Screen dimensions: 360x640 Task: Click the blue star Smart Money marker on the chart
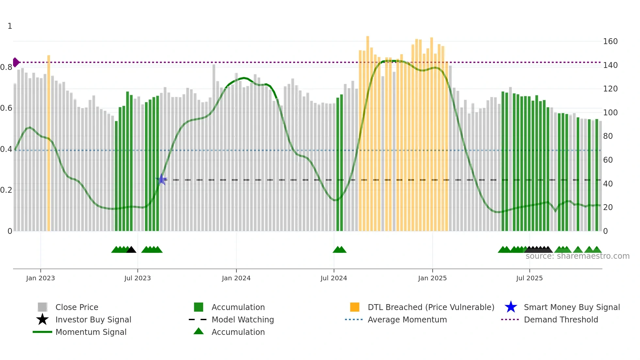pos(161,179)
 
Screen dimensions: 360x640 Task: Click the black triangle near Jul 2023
pos(131,250)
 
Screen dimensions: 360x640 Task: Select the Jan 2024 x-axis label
pos(236,278)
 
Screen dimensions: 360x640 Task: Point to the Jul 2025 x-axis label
pos(529,278)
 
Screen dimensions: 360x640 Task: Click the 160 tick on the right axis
pos(610,41)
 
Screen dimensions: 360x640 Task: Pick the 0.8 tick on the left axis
pos(6,67)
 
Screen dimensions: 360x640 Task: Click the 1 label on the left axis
pos(10,26)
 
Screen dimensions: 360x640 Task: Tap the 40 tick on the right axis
pos(608,184)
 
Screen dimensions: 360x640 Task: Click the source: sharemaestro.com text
pos(577,256)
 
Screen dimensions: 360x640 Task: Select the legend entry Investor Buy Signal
pos(93,319)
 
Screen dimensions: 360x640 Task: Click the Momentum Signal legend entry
pos(91,332)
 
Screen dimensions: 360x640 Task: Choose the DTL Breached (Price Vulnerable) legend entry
pos(431,307)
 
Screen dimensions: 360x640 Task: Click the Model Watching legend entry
pos(242,319)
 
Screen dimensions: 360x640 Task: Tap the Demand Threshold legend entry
pos(561,319)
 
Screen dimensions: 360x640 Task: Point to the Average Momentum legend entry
pos(407,319)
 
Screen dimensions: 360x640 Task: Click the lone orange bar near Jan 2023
pos(49,144)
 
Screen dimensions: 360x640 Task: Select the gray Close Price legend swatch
pos(42,307)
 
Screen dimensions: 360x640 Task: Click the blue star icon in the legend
pos(511,307)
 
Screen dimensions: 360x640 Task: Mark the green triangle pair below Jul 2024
pos(340,250)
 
